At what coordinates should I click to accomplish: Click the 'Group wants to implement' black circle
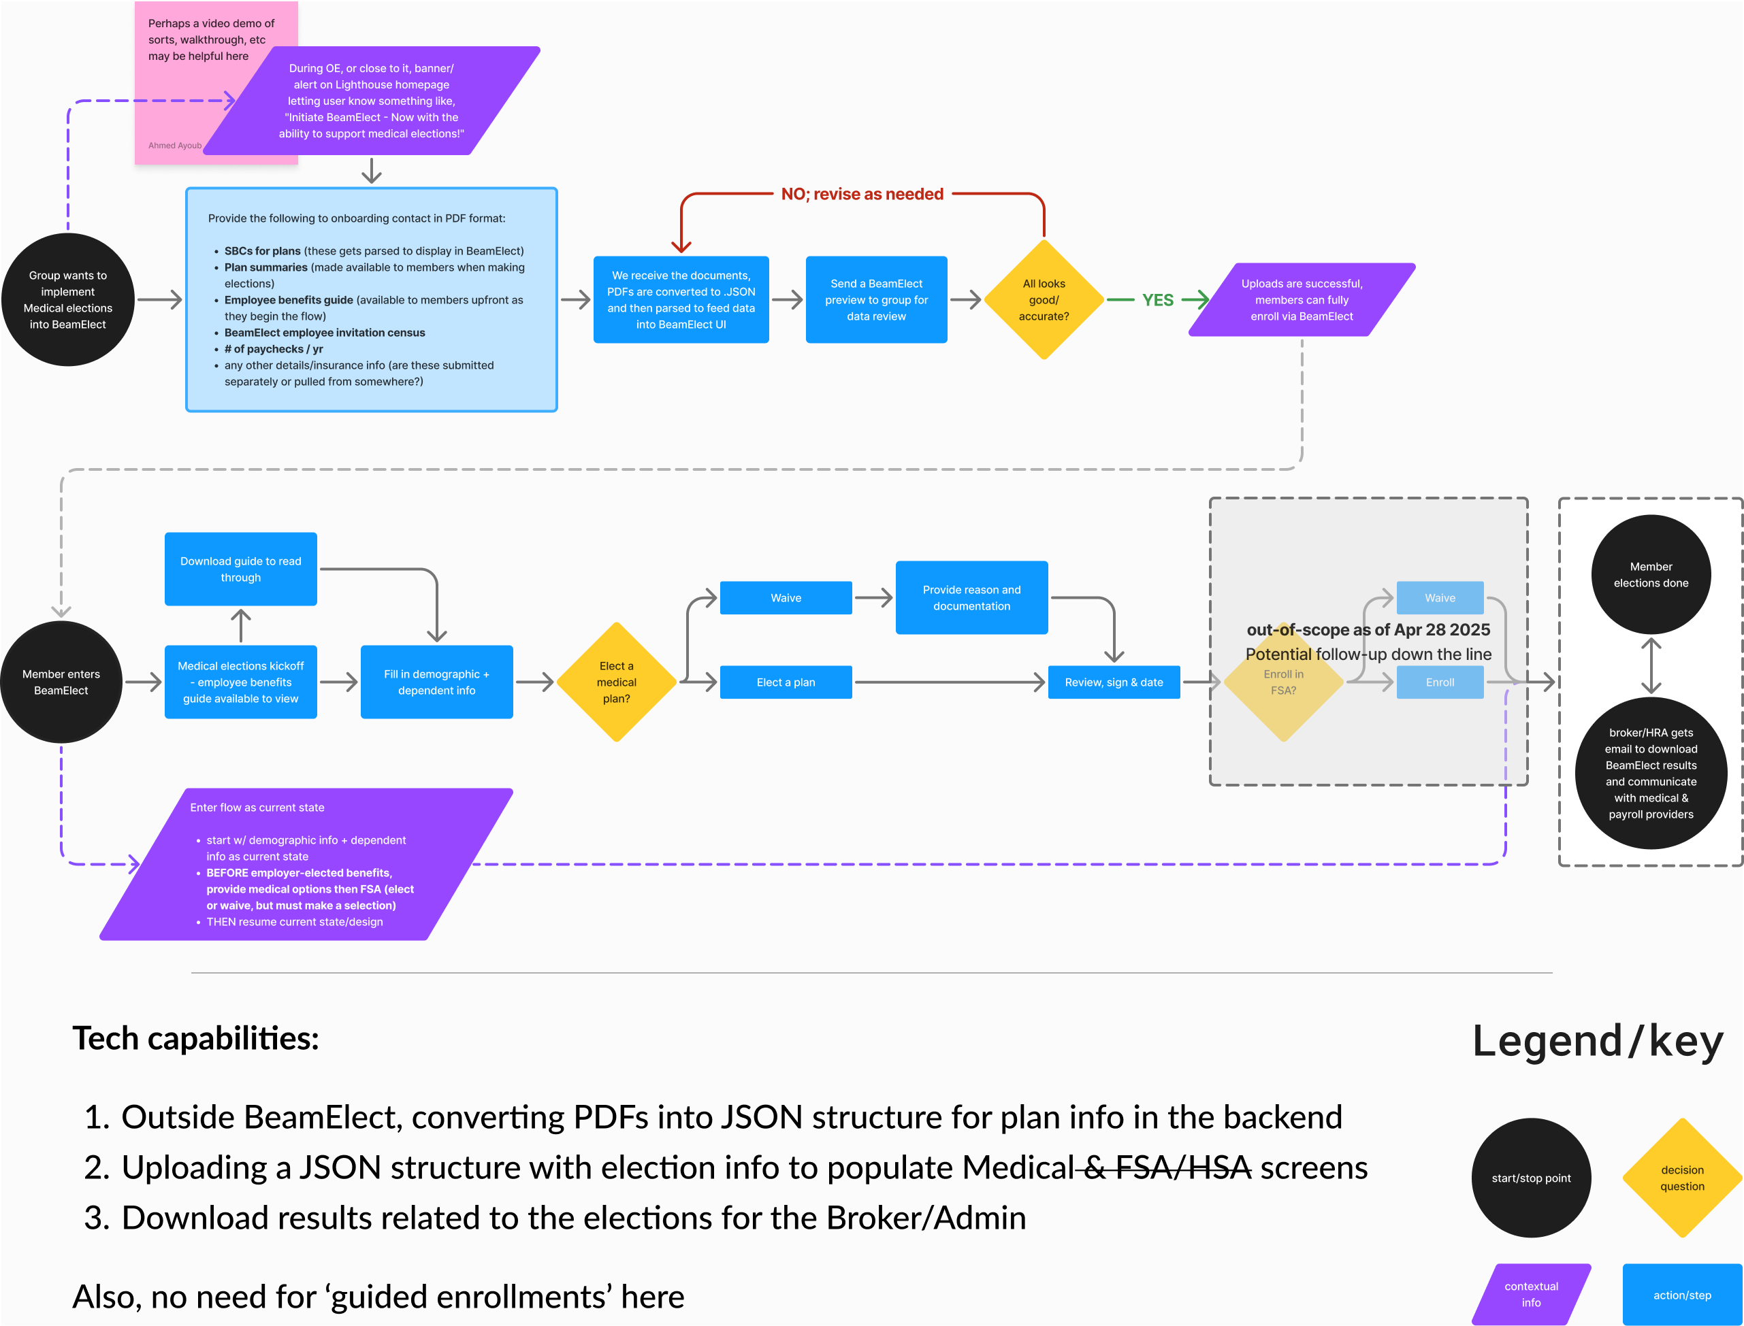(x=68, y=300)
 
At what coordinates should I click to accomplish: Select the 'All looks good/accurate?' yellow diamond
(x=1044, y=300)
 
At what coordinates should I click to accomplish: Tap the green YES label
(x=1157, y=300)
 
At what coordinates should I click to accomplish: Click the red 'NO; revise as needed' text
(x=862, y=194)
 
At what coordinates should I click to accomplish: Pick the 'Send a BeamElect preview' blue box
(x=876, y=300)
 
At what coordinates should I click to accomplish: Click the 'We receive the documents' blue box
(x=681, y=300)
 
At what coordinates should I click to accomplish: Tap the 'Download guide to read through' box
(x=241, y=569)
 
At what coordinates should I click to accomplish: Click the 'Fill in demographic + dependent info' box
(x=436, y=682)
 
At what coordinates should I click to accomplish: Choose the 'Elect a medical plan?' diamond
(x=617, y=682)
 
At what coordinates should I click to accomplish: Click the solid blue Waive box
(x=786, y=597)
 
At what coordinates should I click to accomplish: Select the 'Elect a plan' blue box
(x=786, y=682)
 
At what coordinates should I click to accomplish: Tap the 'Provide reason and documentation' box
(x=972, y=597)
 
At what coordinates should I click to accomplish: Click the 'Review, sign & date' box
(x=1114, y=682)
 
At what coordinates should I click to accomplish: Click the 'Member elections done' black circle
(x=1651, y=575)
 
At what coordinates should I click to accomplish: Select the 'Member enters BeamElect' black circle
(x=61, y=682)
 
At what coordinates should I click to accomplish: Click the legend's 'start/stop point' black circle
(x=1531, y=1178)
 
